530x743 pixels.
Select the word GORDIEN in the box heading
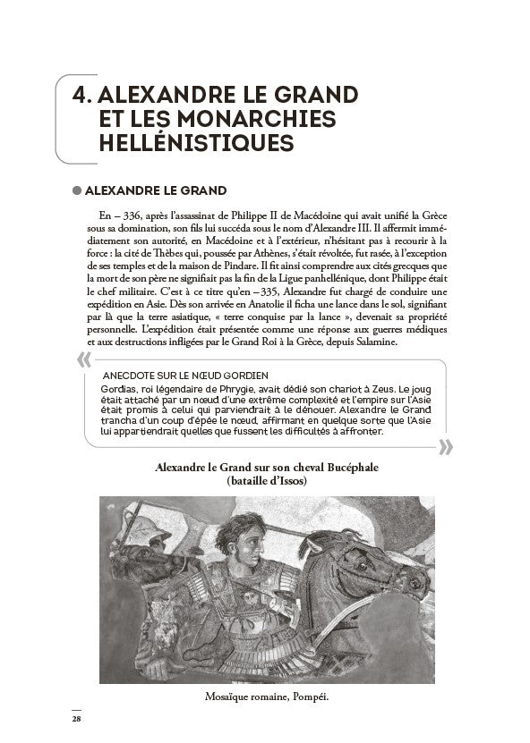[x=242, y=374]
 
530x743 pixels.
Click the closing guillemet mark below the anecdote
[x=445, y=447]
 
